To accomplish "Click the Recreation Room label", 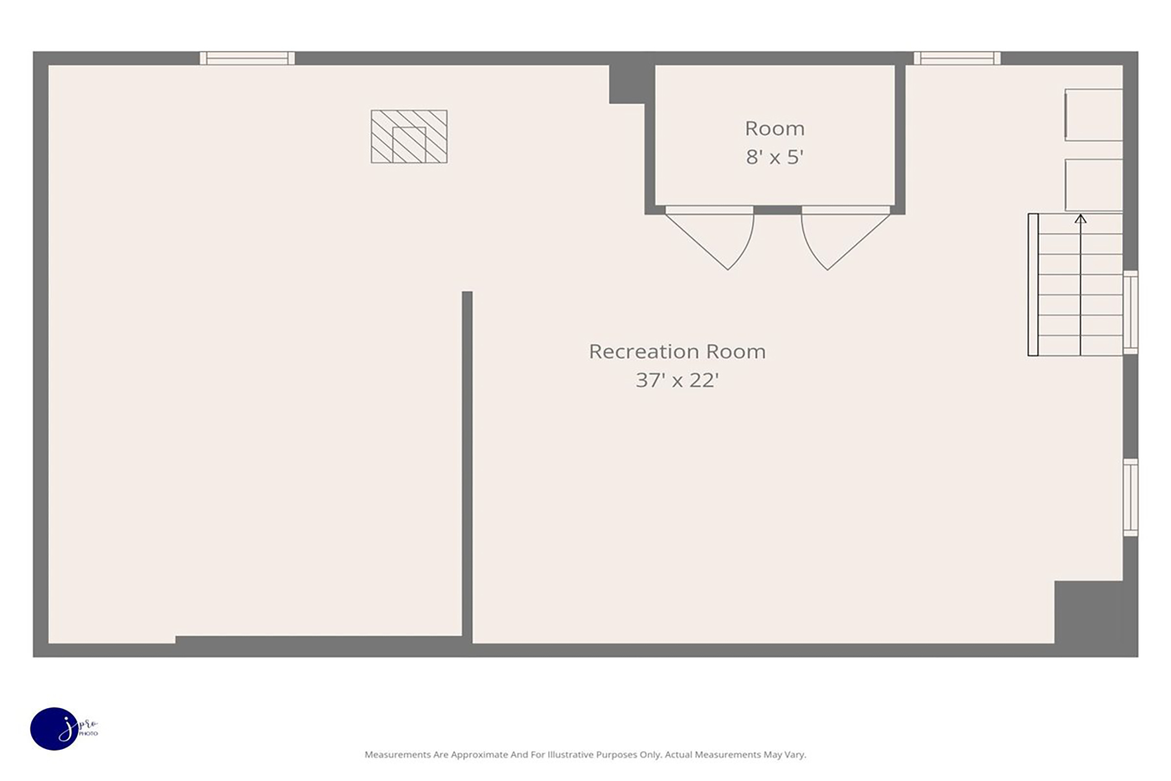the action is point(677,351).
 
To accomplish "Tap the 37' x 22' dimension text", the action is point(677,380).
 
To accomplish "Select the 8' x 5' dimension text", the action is point(775,157).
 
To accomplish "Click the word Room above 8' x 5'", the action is point(775,128).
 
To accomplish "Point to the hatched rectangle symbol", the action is point(409,137).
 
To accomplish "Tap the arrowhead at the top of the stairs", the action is point(1081,219).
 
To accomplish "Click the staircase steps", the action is point(1075,284).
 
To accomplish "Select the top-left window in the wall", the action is point(247,58).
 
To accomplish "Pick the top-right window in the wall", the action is point(957,58).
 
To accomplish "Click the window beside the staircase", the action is point(1131,312).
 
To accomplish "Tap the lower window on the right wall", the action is point(1131,498).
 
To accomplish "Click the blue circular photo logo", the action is point(54,729).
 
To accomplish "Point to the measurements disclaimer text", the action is point(585,755).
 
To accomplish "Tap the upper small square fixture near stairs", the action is point(1094,115).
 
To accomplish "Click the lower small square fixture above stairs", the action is point(1094,185).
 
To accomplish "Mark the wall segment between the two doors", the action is point(777,210).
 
